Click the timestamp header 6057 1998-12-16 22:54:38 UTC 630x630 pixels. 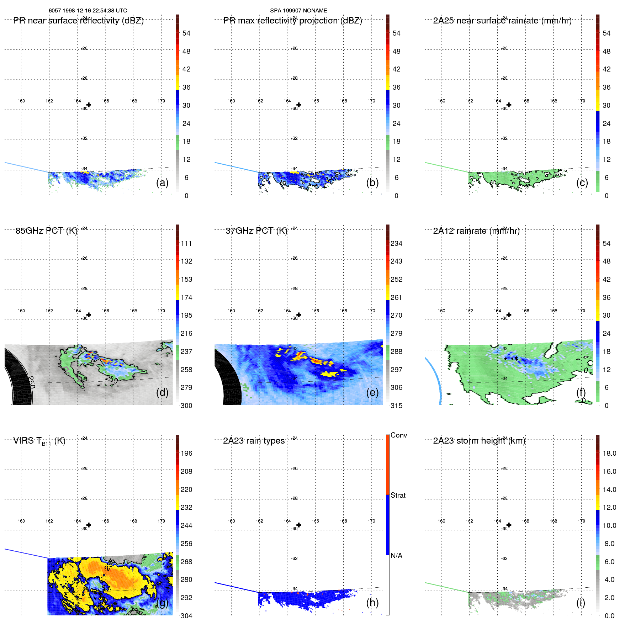click(x=88, y=11)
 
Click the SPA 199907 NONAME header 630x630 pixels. click(x=298, y=11)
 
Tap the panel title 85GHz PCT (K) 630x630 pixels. click(x=46, y=231)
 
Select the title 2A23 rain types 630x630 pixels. click(x=254, y=441)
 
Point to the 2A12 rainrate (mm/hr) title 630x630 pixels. click(x=476, y=231)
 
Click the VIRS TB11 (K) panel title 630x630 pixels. click(x=39, y=441)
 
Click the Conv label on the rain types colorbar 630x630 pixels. click(x=398, y=435)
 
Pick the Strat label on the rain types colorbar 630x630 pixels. click(x=398, y=495)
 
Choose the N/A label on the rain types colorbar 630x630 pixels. click(x=396, y=556)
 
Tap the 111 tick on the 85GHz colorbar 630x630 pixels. click(x=186, y=243)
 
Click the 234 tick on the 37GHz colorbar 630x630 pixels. click(x=396, y=243)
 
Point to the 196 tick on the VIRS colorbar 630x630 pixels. click(x=186, y=453)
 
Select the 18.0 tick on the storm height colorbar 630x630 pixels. click(x=609, y=453)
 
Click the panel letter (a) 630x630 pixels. click(x=162, y=182)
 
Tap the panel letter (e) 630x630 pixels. click(x=372, y=392)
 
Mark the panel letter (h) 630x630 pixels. click(x=372, y=602)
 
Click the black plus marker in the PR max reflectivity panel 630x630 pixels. click(x=299, y=105)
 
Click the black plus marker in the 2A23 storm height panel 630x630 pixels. click(x=509, y=525)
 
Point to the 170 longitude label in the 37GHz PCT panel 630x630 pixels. click(x=371, y=311)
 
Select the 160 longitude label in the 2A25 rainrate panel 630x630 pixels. click(x=441, y=101)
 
